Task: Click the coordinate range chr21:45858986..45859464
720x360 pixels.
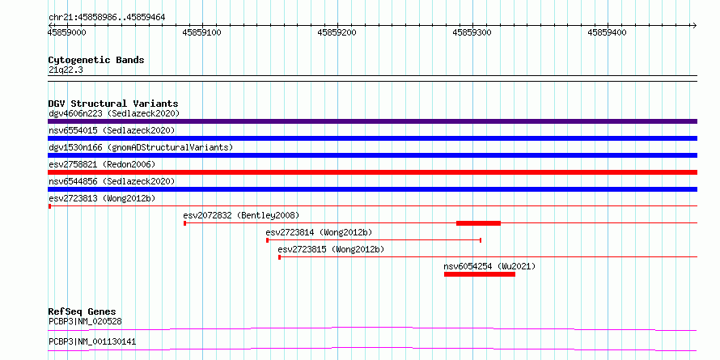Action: click(107, 17)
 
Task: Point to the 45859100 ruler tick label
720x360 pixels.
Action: click(201, 32)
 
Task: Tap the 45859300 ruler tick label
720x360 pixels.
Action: click(472, 32)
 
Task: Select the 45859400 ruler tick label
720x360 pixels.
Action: click(607, 32)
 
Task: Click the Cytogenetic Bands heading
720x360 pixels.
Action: click(96, 60)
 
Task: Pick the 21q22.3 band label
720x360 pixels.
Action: click(66, 70)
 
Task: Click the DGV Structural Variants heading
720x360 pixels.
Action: click(113, 104)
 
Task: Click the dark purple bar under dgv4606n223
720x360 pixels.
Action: click(372, 121)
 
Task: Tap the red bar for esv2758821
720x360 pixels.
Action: click(372, 172)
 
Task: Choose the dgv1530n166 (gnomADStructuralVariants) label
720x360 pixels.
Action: click(141, 147)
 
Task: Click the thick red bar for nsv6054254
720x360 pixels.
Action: click(480, 274)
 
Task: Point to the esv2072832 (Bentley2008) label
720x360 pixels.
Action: click(241, 215)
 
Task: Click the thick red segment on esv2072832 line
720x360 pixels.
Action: click(478, 223)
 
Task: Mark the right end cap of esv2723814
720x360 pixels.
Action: click(481, 240)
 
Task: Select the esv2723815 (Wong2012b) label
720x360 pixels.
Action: click(331, 249)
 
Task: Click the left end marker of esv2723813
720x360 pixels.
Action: click(49, 206)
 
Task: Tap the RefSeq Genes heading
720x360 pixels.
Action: click(83, 311)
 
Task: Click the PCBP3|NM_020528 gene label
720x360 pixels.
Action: click(85, 321)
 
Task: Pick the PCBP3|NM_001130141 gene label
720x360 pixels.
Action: click(92, 342)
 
